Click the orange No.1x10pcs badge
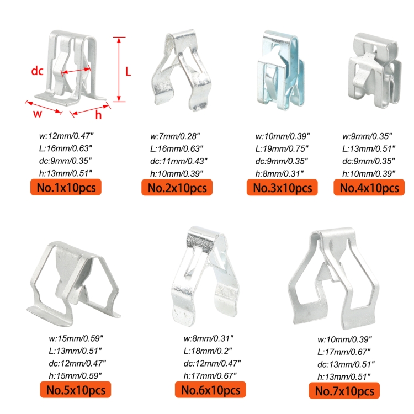point(66,187)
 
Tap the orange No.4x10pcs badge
point(369,188)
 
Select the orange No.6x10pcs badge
point(210,390)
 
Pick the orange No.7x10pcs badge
point(344,390)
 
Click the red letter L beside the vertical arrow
point(128,72)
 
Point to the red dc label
point(37,71)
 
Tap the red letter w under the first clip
point(38,114)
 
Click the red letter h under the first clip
point(98,115)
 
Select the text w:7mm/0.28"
point(175,136)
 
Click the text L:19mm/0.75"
point(282,148)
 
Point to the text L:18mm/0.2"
point(208,351)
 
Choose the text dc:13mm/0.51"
point(346,364)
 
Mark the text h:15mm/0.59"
point(75,375)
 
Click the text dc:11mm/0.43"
point(179,161)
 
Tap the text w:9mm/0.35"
point(367,136)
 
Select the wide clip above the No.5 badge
point(73,284)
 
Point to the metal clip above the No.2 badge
point(182,70)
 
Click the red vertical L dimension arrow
point(119,70)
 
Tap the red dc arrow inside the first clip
point(76,71)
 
